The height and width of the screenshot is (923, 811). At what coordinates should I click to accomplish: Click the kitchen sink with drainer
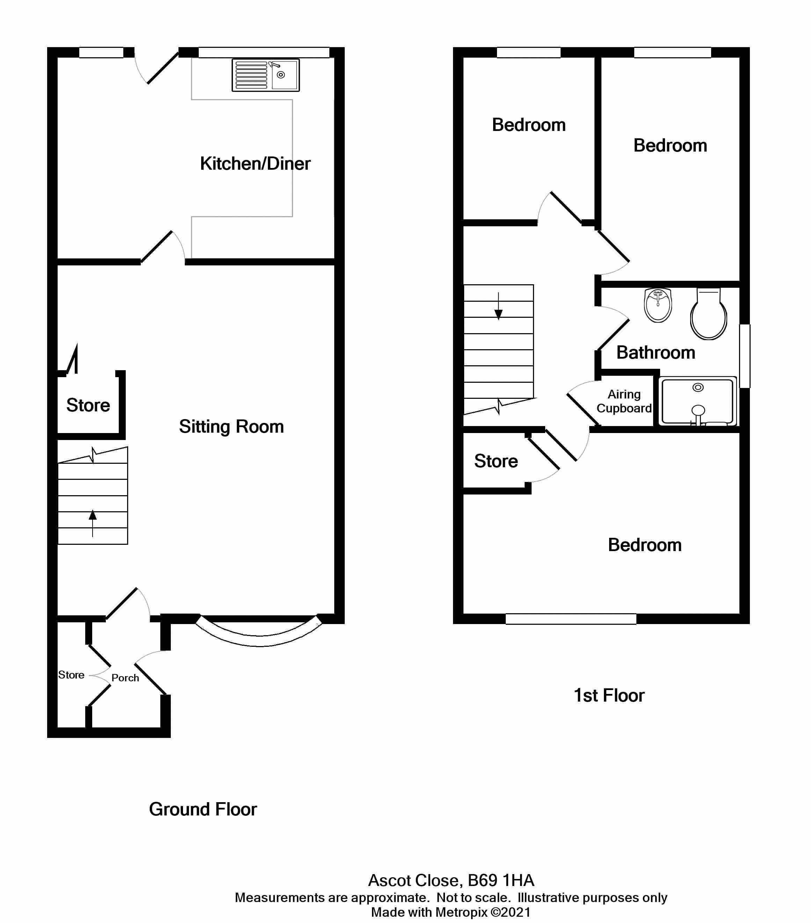click(x=265, y=75)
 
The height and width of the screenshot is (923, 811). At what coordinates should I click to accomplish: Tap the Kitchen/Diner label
click(x=255, y=163)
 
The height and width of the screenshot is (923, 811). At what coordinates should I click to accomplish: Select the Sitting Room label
click(x=231, y=426)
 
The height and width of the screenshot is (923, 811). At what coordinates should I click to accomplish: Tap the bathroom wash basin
click(x=658, y=305)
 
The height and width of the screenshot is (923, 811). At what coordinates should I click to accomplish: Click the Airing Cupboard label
click(x=624, y=401)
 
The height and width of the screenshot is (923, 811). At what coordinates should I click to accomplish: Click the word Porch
click(x=125, y=678)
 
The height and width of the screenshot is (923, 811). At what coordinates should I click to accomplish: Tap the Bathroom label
click(x=656, y=352)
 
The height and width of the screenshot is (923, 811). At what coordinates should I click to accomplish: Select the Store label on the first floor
click(x=496, y=461)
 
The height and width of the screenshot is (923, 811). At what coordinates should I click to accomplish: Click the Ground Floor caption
click(x=203, y=809)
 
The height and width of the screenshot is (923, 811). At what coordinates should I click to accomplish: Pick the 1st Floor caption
click(x=609, y=695)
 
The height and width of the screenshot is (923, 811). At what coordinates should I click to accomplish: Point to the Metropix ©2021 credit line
click(x=451, y=912)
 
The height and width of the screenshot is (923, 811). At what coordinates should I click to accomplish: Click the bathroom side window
click(x=745, y=356)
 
